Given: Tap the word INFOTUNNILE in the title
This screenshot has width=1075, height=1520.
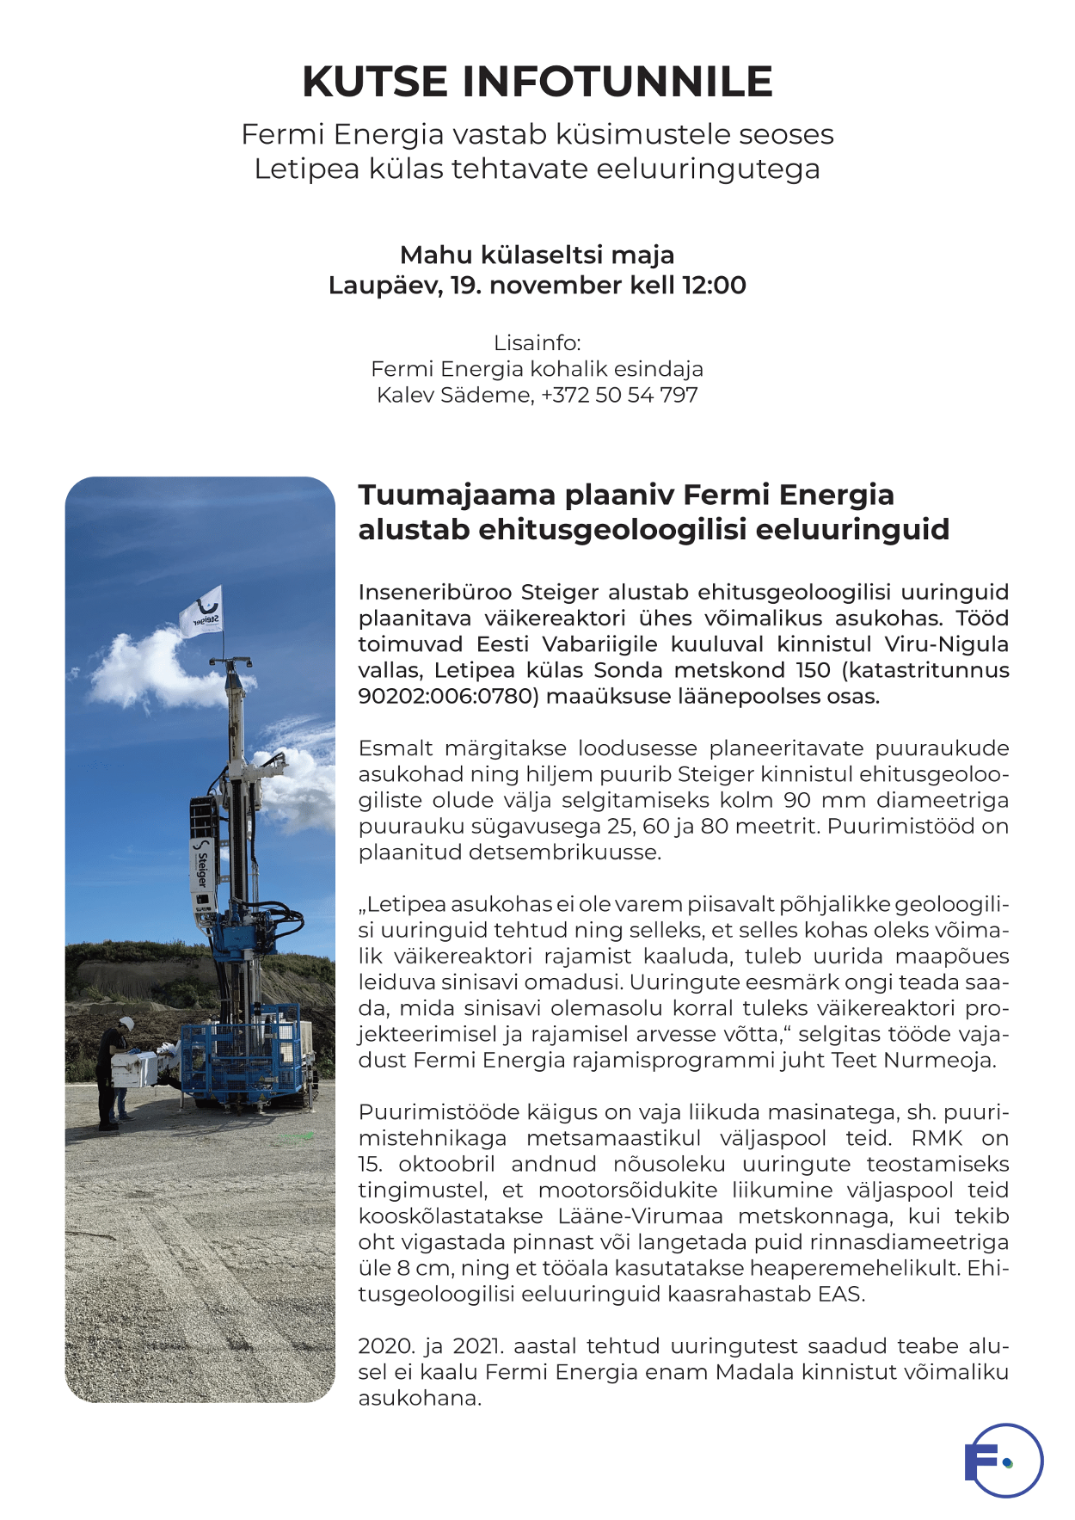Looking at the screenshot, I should pyautogui.click(x=617, y=82).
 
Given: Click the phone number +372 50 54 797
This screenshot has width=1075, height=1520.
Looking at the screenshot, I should pyautogui.click(x=619, y=396).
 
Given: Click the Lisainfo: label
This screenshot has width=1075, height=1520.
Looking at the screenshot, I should pyautogui.click(x=537, y=343).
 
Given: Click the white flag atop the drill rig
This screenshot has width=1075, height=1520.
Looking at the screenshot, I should pyautogui.click(x=201, y=612).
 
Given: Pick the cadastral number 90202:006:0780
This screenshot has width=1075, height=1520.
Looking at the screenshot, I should pyautogui.click(x=448, y=697).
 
